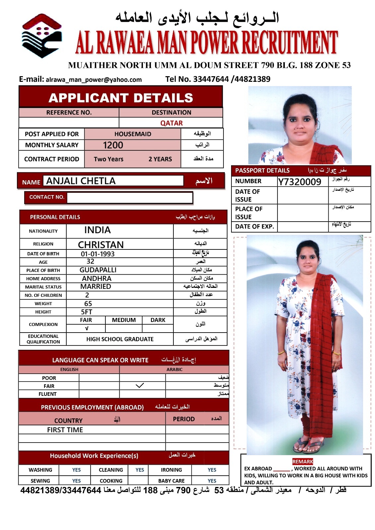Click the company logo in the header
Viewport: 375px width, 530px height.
coord(41,36)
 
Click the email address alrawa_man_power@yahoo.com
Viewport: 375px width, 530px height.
coord(94,80)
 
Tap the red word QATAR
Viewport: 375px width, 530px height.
coord(171,123)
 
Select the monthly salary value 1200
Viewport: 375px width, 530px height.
coord(113,145)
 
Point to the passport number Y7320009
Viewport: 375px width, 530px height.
coord(300,182)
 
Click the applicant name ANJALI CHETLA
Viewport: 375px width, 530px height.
coord(81,181)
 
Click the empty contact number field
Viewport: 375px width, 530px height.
coord(129,197)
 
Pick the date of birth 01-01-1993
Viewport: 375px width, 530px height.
coord(97,254)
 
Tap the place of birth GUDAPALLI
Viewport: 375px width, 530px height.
coord(98,270)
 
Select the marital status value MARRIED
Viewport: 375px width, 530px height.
coord(95,287)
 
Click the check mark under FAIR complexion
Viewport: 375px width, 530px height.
coord(87,329)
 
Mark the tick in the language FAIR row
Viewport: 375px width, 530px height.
coord(140,386)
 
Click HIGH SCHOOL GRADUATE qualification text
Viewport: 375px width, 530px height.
coord(120,339)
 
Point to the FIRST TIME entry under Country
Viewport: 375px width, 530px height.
coord(65,430)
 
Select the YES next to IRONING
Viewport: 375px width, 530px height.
coord(212,470)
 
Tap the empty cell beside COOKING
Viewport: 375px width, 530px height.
coord(138,481)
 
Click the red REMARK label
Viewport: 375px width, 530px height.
coord(302,462)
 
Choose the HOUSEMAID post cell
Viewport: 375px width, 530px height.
coord(133,134)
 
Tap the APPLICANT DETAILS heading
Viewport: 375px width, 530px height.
coord(121,98)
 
